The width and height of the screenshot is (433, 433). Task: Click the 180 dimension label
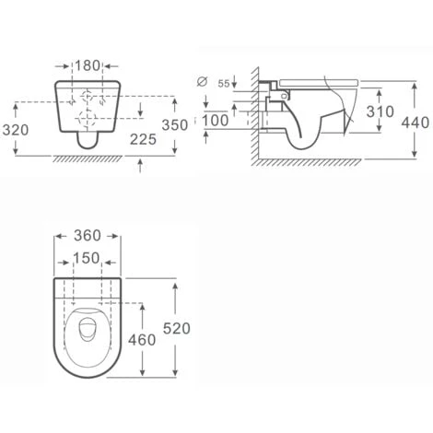88,65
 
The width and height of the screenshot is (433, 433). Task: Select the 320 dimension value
16,130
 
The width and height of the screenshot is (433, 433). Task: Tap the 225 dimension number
143,139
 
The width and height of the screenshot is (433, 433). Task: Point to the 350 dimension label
175,125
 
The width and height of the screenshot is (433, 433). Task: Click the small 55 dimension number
224,84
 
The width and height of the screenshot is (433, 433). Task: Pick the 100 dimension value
216,121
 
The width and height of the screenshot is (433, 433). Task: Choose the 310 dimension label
380,111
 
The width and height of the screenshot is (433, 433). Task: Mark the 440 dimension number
415,123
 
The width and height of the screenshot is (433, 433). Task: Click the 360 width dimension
88,236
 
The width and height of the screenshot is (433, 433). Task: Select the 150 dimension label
87,258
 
